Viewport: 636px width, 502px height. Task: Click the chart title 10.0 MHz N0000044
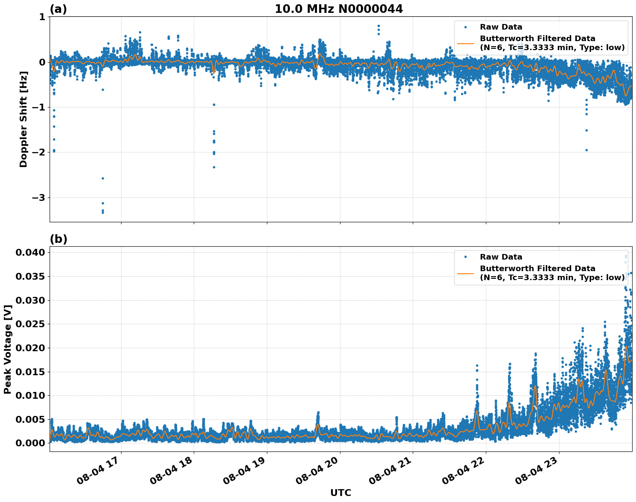coord(338,9)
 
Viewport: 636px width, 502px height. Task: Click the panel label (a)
coord(58,9)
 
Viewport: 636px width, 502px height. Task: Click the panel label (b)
coord(58,239)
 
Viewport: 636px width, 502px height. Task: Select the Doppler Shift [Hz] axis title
coord(24,119)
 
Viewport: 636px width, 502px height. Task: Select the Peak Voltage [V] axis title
coord(7,349)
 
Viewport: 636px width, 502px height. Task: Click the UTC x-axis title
coord(340,493)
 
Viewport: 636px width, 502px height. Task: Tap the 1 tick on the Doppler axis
coord(42,17)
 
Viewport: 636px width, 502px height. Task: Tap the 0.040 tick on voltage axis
coord(30,253)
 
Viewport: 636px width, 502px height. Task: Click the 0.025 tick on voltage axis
coord(30,324)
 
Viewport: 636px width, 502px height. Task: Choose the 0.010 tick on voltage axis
coord(30,395)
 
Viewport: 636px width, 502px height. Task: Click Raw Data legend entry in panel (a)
coord(501,27)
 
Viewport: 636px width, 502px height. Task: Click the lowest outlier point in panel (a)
coord(103,212)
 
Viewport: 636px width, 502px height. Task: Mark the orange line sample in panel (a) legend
coord(465,43)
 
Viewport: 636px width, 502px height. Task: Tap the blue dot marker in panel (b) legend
coord(465,257)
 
